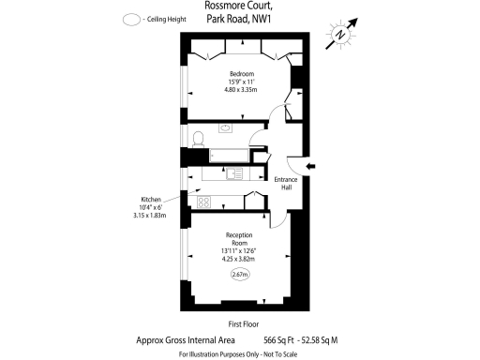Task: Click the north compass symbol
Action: pos(345,31)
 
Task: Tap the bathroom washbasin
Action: pos(226,127)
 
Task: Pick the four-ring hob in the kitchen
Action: pos(203,201)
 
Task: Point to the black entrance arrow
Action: pos(312,167)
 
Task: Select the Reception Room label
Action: pos(240,239)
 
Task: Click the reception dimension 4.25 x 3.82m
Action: pos(240,257)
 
